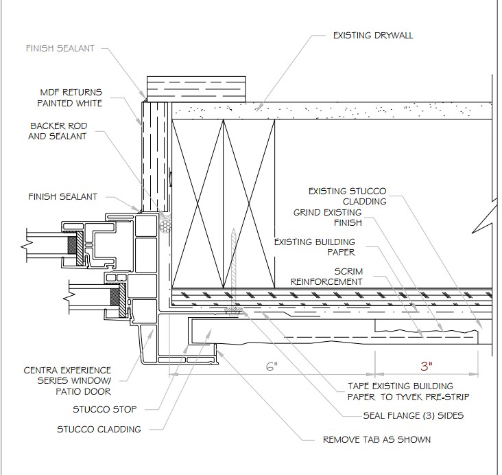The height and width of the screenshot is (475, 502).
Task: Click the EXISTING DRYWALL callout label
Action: click(x=372, y=35)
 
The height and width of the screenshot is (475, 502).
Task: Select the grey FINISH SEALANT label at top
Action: click(x=60, y=49)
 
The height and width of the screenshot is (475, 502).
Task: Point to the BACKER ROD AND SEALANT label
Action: click(x=59, y=131)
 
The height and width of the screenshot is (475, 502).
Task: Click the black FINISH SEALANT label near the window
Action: click(x=64, y=196)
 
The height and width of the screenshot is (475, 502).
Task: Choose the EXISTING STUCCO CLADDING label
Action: click(x=348, y=196)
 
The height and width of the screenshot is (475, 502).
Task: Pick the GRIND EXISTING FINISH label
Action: click(x=328, y=218)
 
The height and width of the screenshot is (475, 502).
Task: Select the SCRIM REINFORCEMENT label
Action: click(x=326, y=276)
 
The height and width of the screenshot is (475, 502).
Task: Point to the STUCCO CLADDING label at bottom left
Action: click(x=99, y=429)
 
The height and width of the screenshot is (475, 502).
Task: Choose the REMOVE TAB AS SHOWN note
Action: click(x=377, y=439)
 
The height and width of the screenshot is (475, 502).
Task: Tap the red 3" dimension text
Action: click(x=426, y=366)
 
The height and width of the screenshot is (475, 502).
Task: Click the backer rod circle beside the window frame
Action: click(x=164, y=224)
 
